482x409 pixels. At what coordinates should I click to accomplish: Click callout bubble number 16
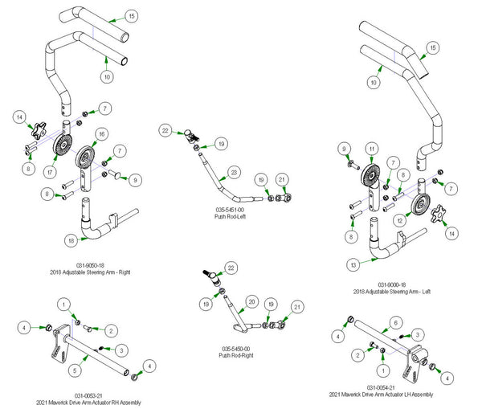101,133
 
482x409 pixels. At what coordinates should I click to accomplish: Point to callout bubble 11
371,149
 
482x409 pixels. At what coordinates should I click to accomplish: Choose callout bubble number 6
395,321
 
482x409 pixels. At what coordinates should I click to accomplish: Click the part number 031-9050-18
87,265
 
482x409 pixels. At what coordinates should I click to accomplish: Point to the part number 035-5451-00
231,210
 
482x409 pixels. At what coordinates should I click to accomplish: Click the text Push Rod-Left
231,216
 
